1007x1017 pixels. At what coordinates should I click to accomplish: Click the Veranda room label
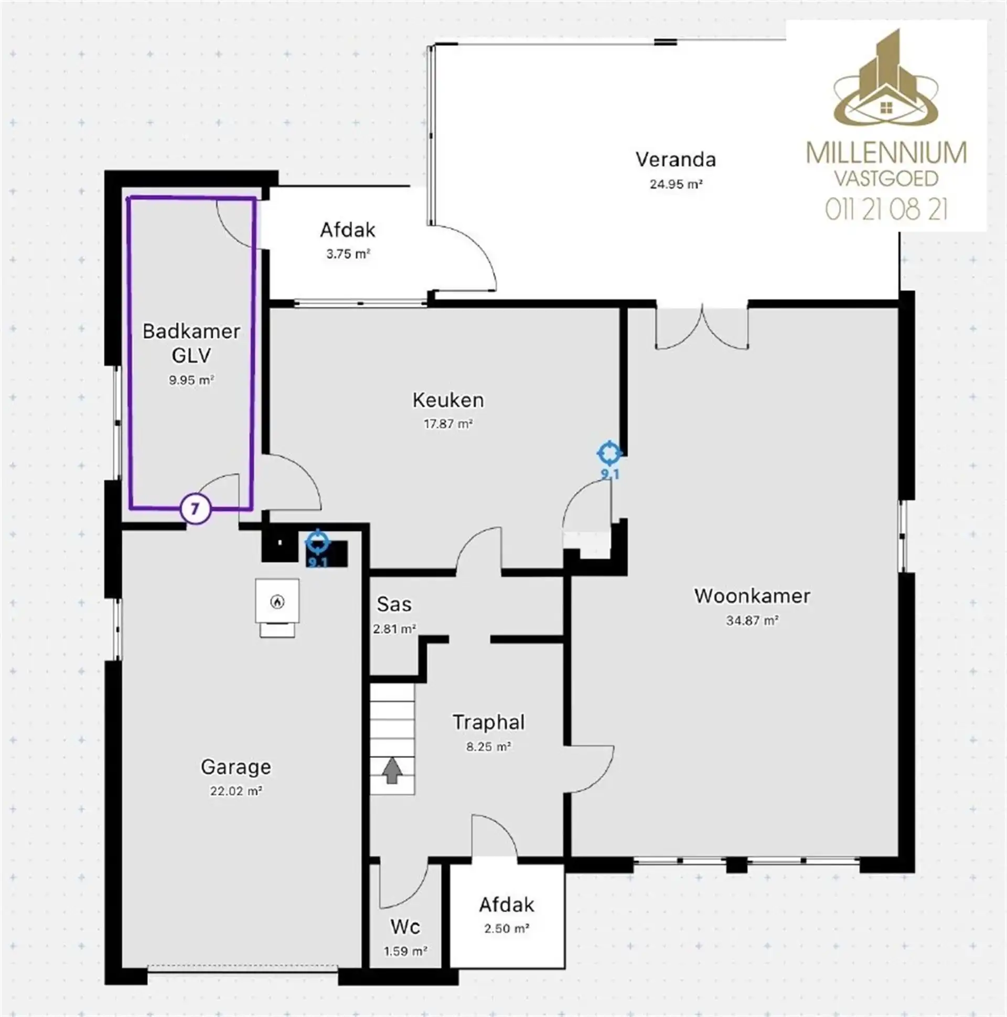(x=676, y=159)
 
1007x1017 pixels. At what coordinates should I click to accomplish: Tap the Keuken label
(x=448, y=400)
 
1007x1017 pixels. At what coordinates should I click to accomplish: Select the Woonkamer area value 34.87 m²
(x=752, y=620)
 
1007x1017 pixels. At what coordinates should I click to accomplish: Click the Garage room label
(x=236, y=767)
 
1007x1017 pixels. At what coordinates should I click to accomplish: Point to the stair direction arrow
(x=392, y=770)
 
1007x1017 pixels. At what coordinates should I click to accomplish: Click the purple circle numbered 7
(x=195, y=509)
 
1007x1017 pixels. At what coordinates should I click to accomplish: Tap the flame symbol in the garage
(x=277, y=601)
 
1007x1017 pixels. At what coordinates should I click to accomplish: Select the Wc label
(x=405, y=926)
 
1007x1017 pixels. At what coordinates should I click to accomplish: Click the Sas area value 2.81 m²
(x=394, y=628)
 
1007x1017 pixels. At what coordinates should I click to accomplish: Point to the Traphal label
(x=488, y=722)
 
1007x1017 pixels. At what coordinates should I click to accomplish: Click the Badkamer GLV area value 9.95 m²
(x=191, y=380)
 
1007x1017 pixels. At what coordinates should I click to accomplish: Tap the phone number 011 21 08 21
(x=886, y=209)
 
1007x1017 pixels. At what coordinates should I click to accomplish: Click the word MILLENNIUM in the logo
(x=886, y=153)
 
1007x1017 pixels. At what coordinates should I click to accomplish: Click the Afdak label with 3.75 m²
(x=347, y=230)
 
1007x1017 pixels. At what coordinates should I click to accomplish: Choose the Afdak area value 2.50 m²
(x=507, y=928)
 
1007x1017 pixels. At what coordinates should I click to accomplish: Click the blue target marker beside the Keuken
(x=609, y=453)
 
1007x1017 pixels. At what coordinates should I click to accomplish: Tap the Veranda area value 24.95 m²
(x=676, y=184)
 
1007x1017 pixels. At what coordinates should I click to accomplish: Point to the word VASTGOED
(x=886, y=178)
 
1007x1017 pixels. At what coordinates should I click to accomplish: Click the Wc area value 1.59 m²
(x=405, y=951)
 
